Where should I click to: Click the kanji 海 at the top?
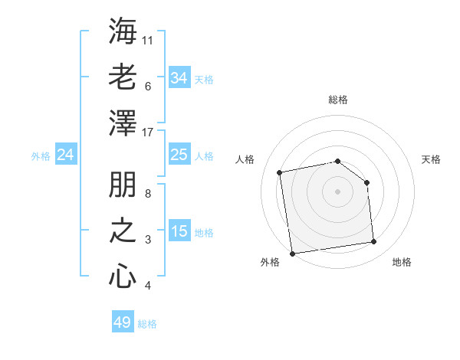123,32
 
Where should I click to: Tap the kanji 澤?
123,122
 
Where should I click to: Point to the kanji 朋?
123,186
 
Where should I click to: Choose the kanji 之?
123,232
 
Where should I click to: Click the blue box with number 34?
179,78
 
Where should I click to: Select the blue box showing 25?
179,155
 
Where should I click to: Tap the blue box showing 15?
179,232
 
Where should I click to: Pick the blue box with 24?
66,155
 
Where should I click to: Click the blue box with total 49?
123,322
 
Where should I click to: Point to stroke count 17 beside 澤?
149,133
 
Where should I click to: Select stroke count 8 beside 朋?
148,194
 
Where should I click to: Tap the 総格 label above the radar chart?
338,100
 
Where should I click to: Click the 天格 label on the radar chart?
432,159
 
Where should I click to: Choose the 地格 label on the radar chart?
402,262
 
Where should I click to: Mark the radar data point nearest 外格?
292,253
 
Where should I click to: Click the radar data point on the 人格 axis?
281,172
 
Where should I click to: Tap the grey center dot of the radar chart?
338,191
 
